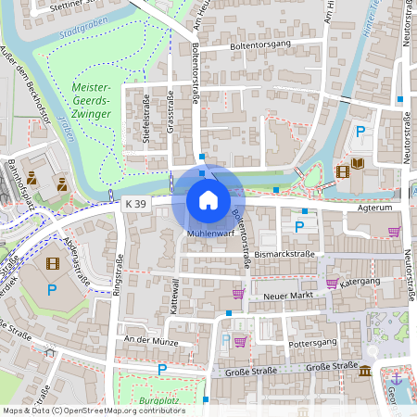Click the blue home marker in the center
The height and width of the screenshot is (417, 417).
click(x=208, y=199)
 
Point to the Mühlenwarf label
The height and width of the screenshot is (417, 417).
click(x=208, y=234)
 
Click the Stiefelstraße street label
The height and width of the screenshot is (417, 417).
click(x=145, y=115)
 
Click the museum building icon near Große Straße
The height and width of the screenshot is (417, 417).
click(x=366, y=371)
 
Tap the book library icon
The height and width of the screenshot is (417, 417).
click(x=358, y=165)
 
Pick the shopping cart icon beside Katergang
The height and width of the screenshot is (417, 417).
click(x=332, y=283)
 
